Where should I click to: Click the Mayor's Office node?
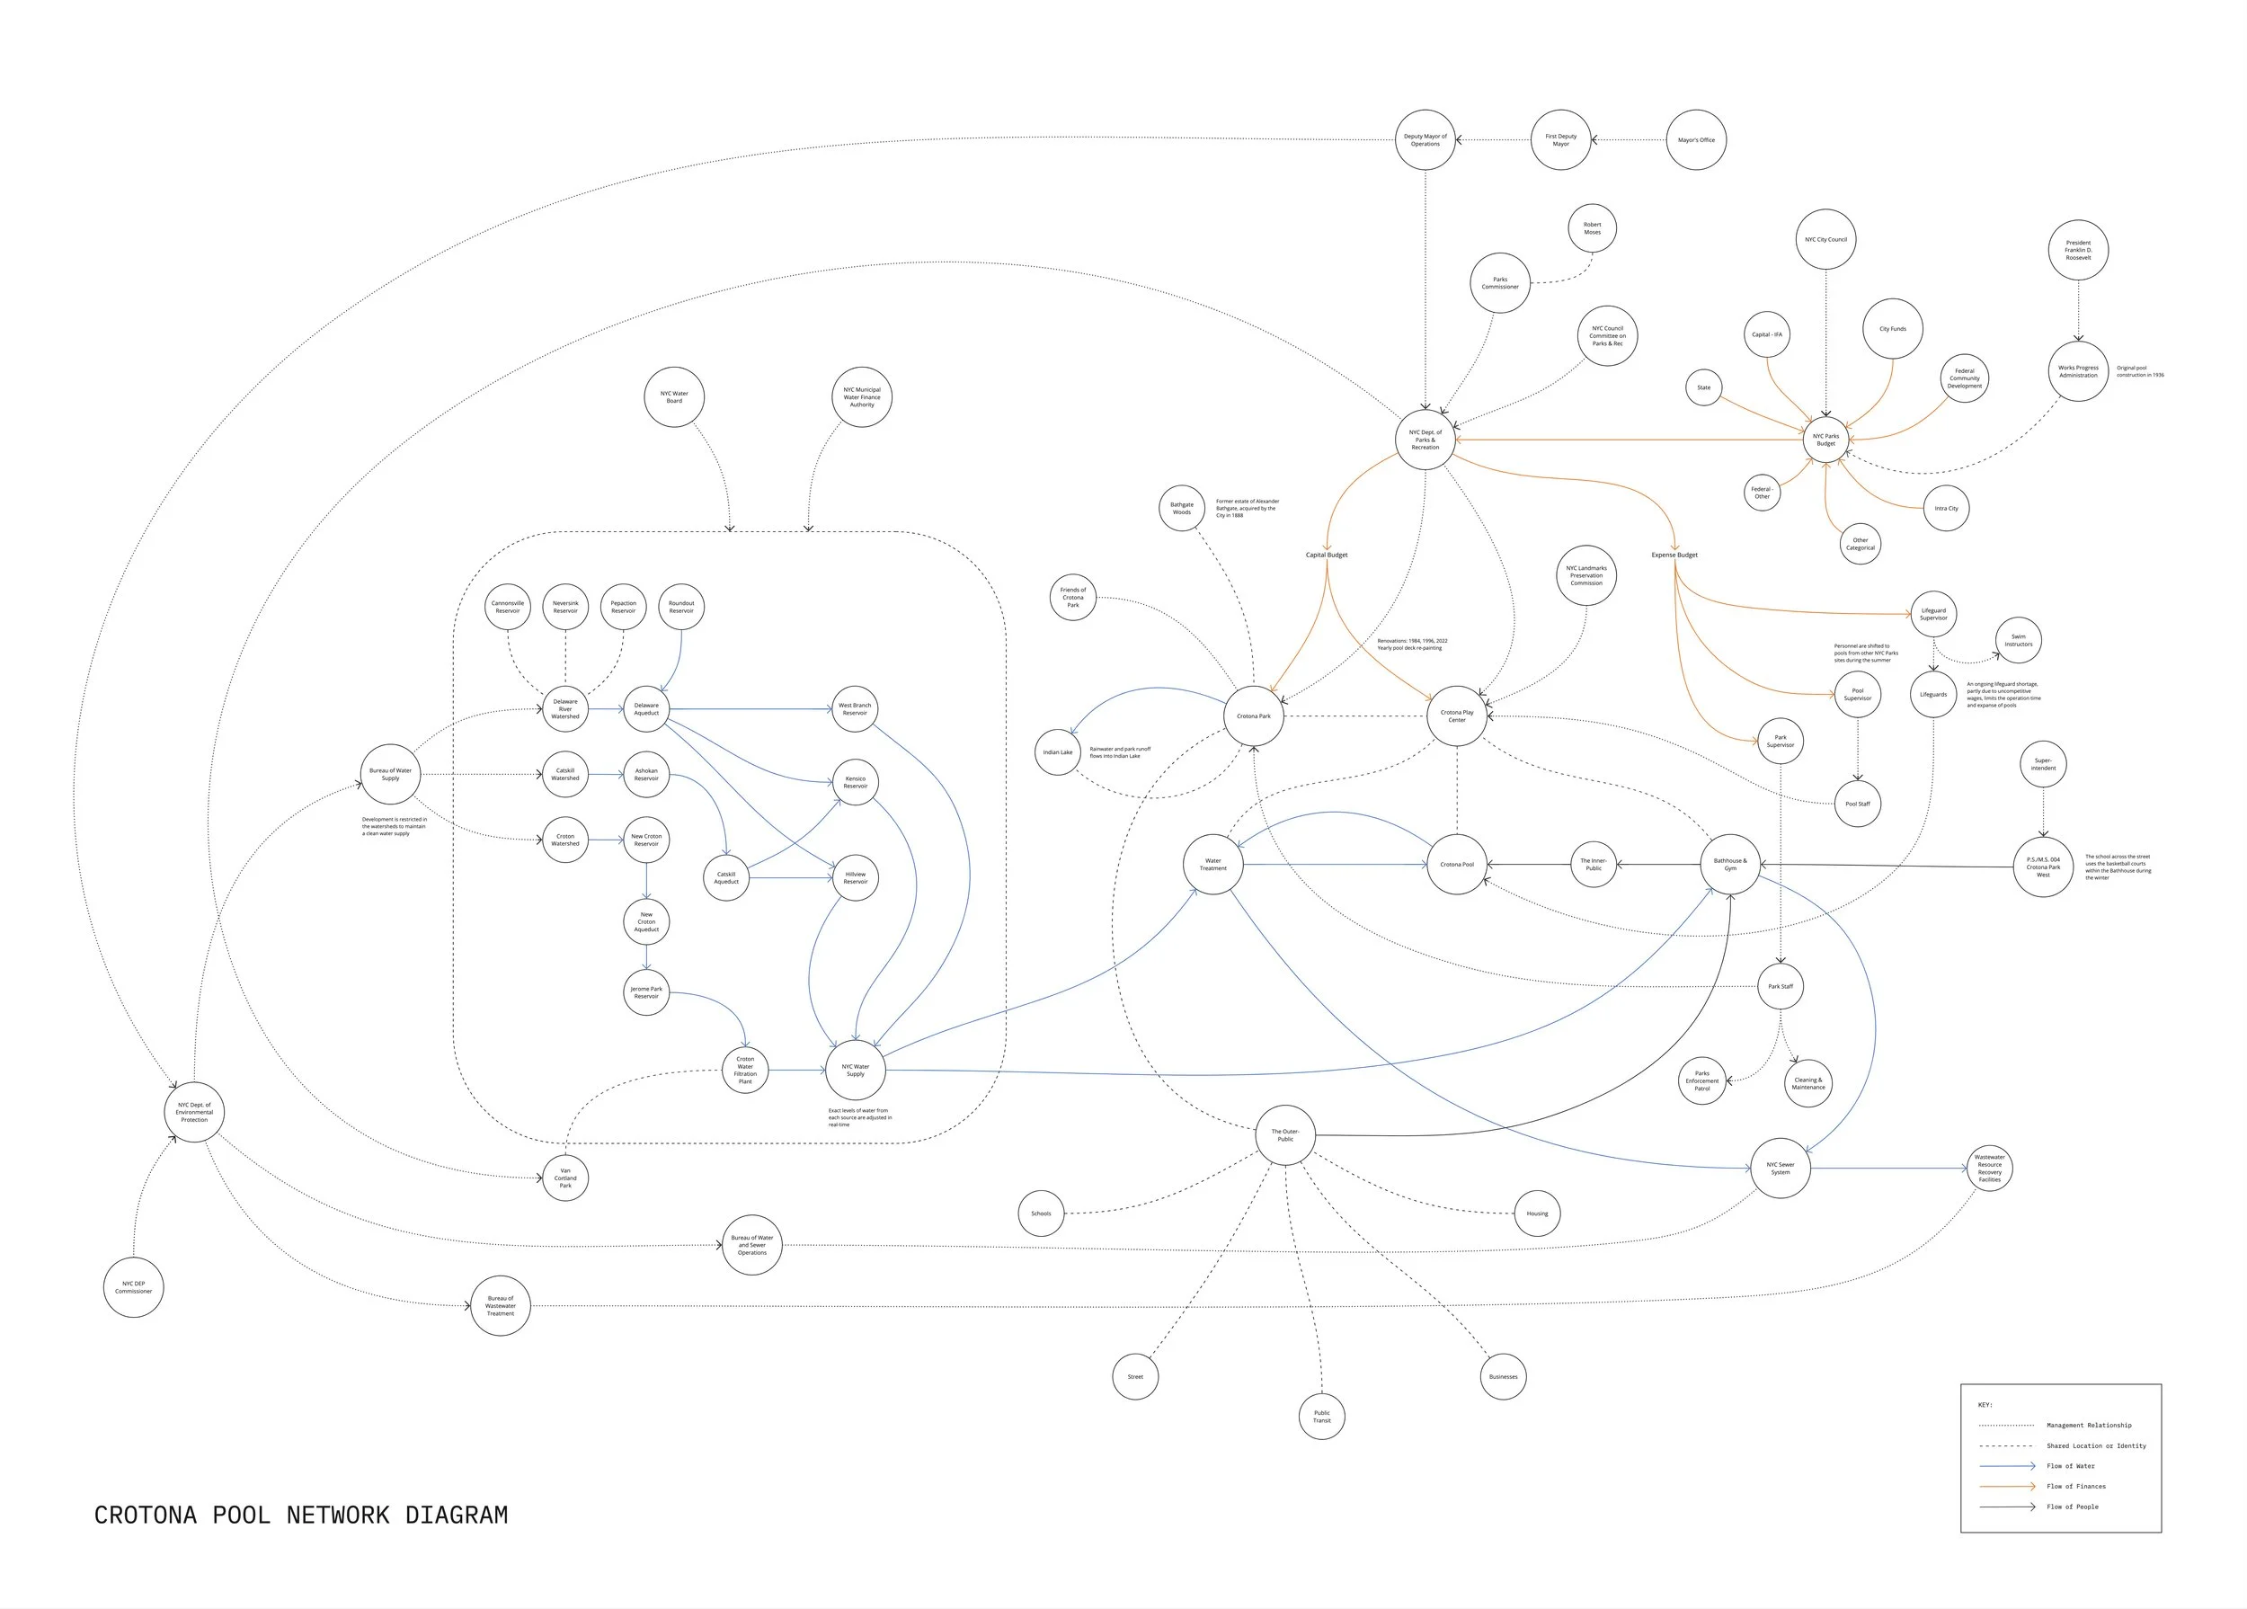click(x=1695, y=139)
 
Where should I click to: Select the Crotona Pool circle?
click(x=1456, y=864)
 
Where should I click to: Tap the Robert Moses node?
click(x=1591, y=228)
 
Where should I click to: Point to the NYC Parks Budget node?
click(x=1825, y=439)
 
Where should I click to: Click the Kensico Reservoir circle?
click(x=855, y=782)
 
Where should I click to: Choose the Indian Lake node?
click(x=1057, y=752)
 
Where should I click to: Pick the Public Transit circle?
click(x=1321, y=1416)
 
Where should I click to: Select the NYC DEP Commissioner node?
click(x=134, y=1287)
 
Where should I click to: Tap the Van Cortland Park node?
click(x=564, y=1178)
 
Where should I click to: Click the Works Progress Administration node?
click(x=2078, y=371)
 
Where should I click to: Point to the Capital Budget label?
click(x=1326, y=555)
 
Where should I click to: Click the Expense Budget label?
click(x=1674, y=555)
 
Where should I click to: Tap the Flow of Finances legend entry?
click(x=2075, y=1486)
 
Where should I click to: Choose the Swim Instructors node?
click(x=2018, y=640)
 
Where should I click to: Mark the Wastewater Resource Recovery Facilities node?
click(x=1989, y=1169)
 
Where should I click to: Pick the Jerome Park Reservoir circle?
click(x=646, y=991)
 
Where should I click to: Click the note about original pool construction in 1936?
click(x=2140, y=371)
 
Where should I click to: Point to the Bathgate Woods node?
click(x=1181, y=508)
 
